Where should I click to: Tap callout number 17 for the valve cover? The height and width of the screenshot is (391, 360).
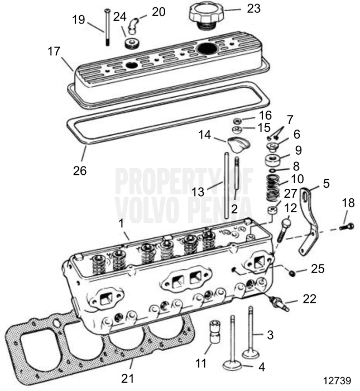pyautogui.click(x=54, y=50)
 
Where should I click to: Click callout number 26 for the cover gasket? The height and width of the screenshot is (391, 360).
pyautogui.click(x=79, y=170)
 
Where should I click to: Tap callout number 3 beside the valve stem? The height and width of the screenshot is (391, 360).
pyautogui.click(x=270, y=335)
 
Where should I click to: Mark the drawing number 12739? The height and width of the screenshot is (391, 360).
pyautogui.click(x=338, y=381)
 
